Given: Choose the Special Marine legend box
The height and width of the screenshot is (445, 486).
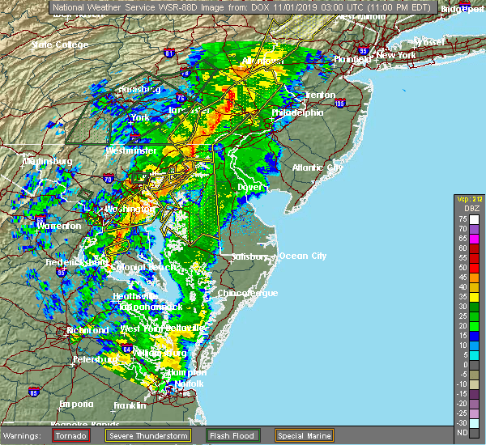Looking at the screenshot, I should point(303,435).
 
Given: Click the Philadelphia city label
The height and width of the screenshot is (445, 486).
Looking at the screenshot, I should point(297,112).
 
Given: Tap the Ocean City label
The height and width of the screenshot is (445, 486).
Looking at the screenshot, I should point(303,256).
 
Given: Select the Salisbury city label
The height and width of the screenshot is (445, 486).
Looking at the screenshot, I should point(249,256).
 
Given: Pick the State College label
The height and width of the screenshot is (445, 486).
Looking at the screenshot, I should point(60,44).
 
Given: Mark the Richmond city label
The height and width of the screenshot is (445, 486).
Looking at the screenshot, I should point(87,330).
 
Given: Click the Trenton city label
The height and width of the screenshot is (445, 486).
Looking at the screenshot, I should point(320,95).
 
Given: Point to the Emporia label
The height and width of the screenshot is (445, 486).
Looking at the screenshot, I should point(76,404).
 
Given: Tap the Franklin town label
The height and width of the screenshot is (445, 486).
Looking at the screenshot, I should point(130,405).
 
